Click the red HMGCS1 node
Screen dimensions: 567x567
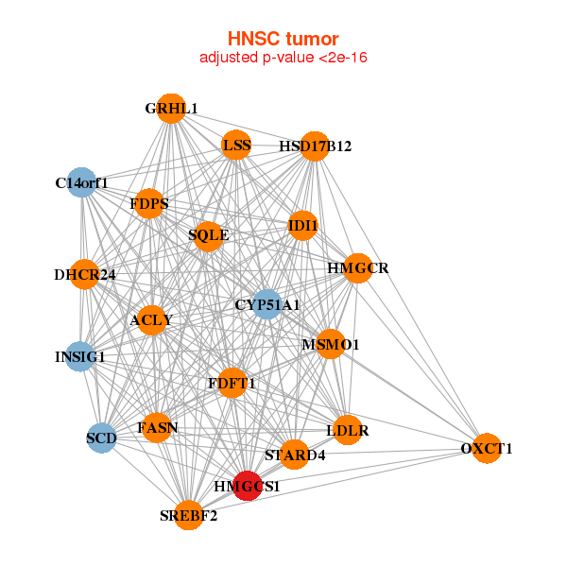(248, 486)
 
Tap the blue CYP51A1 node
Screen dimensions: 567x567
(267, 304)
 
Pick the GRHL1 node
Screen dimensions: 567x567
(170, 110)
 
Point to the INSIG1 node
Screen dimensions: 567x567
(81, 357)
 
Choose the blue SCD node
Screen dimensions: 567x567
(101, 438)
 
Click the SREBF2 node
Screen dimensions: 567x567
(189, 515)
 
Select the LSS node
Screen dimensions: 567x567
(236, 145)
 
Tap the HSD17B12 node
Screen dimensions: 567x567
(315, 146)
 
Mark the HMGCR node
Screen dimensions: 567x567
(357, 268)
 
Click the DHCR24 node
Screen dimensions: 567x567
(85, 275)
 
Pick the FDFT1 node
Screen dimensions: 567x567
(232, 383)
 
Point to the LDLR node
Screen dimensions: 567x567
(348, 430)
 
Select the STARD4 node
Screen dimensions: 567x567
(295, 455)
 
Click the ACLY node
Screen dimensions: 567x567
(151, 320)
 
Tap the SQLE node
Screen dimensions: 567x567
(208, 234)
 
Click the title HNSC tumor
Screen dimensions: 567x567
(283, 39)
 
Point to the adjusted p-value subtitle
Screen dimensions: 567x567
(283, 58)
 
